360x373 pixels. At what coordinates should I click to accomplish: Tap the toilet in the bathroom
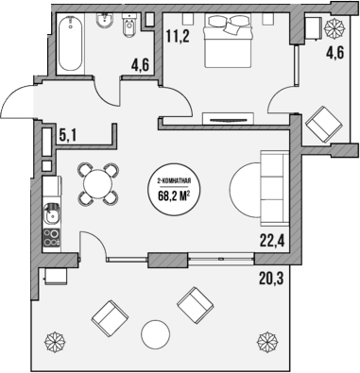(129, 32)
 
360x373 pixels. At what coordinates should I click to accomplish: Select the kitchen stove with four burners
(51, 240)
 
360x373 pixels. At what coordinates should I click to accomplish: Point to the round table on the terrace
(154, 333)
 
